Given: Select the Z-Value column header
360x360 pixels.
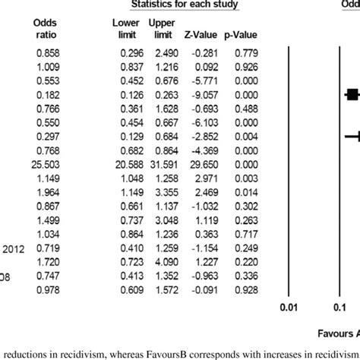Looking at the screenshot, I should (195, 34).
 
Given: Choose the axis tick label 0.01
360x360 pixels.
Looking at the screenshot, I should (287, 307).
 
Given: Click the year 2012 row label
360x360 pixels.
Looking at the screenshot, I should (13, 247).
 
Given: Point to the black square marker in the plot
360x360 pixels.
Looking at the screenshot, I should (351, 94).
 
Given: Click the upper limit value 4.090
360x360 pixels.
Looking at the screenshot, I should (158, 261).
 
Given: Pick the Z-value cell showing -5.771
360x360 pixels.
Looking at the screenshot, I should (197, 80).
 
